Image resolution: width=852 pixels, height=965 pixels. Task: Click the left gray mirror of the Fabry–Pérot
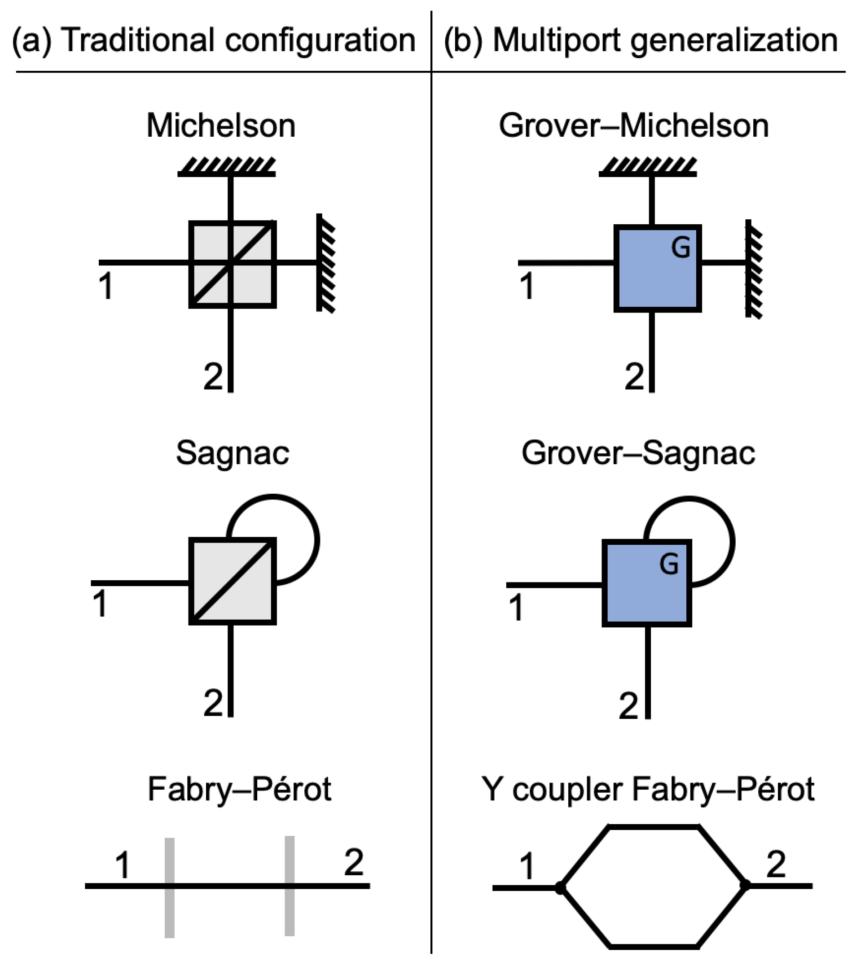(170, 887)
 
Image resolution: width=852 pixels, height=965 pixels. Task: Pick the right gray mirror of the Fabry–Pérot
(290, 886)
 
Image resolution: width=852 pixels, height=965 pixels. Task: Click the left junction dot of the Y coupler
(560, 888)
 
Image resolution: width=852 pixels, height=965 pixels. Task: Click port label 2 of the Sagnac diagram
(213, 704)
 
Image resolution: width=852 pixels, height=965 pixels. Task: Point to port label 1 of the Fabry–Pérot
(123, 865)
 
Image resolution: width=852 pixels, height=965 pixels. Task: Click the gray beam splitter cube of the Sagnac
(233, 581)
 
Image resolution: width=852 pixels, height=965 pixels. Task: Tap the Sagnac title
(233, 453)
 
